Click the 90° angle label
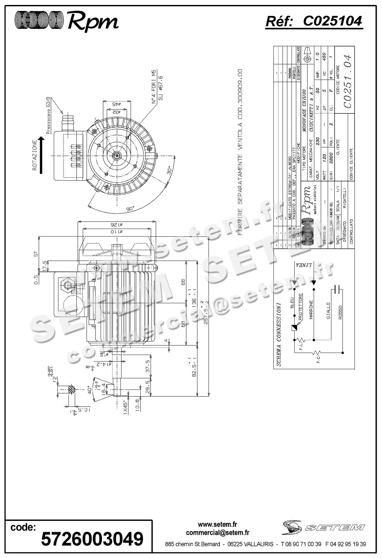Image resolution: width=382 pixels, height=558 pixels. pos(130,209)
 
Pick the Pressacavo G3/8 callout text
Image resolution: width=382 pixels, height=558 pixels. pos(48,115)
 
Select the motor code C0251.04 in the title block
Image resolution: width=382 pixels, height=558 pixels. pos(347,81)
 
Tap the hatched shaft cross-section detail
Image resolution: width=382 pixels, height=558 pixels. pos(72,390)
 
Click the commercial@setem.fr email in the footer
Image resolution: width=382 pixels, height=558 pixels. pos(217,533)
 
